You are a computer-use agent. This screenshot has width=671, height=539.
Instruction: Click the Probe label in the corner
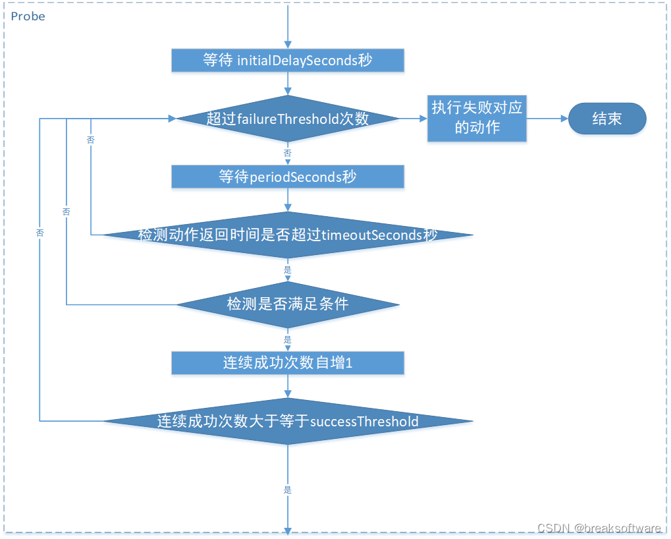(x=28, y=16)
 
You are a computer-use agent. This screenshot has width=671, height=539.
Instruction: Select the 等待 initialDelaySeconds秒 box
(x=288, y=61)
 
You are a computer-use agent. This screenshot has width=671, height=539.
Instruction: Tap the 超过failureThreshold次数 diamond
(x=288, y=119)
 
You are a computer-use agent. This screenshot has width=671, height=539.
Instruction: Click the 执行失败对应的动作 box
(x=477, y=119)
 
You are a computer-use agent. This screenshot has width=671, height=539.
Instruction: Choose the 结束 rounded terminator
(x=607, y=119)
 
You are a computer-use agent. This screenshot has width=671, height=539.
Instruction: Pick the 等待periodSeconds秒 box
(x=288, y=177)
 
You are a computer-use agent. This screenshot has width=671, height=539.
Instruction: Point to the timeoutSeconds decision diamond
(x=288, y=235)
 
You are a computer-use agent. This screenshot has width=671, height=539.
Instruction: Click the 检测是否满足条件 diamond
(x=288, y=304)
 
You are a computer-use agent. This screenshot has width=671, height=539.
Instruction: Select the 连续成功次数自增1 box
(x=288, y=363)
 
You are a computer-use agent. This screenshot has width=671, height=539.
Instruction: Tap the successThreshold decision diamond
(x=288, y=421)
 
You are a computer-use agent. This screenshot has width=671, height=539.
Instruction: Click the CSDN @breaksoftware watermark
(x=599, y=528)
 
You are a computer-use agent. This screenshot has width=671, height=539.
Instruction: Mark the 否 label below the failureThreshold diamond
(x=288, y=154)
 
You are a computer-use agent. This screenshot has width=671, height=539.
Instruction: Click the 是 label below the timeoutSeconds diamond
(x=288, y=269)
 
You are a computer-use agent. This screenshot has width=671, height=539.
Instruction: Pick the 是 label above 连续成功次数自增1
(x=288, y=340)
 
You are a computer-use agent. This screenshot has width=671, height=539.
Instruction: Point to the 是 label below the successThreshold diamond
(x=288, y=490)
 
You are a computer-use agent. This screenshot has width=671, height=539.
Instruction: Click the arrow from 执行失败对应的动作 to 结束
(x=547, y=119)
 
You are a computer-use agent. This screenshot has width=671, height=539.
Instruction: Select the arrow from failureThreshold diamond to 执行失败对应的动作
(x=414, y=119)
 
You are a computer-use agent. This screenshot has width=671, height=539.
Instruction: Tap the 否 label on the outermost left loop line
(x=40, y=233)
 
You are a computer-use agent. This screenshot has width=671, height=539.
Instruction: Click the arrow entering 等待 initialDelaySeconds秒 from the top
(x=288, y=26)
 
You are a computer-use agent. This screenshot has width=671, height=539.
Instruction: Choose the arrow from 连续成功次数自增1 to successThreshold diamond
(x=288, y=386)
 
